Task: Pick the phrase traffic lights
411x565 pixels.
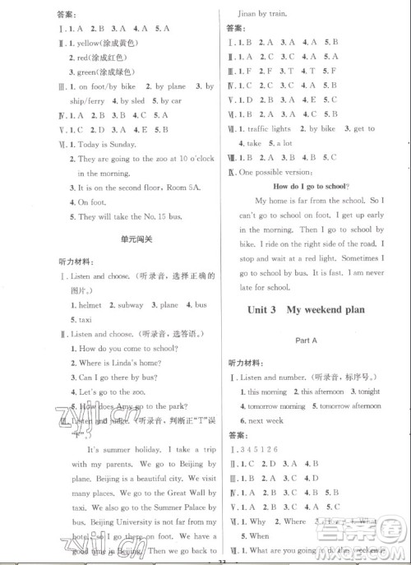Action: tap(269, 129)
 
